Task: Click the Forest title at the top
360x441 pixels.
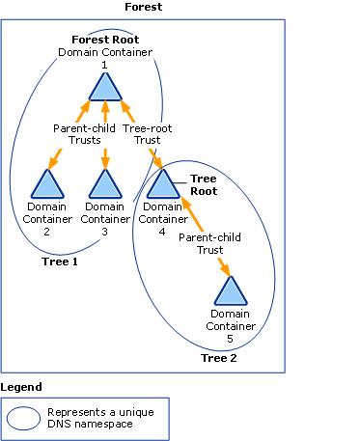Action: click(143, 7)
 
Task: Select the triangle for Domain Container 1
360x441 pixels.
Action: click(104, 86)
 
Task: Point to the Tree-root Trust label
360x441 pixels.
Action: click(148, 133)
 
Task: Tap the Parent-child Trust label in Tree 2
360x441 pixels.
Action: click(208, 241)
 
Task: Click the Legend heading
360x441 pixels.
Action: click(21, 387)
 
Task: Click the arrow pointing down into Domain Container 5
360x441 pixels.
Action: click(223, 267)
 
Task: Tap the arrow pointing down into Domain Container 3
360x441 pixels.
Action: click(104, 157)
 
